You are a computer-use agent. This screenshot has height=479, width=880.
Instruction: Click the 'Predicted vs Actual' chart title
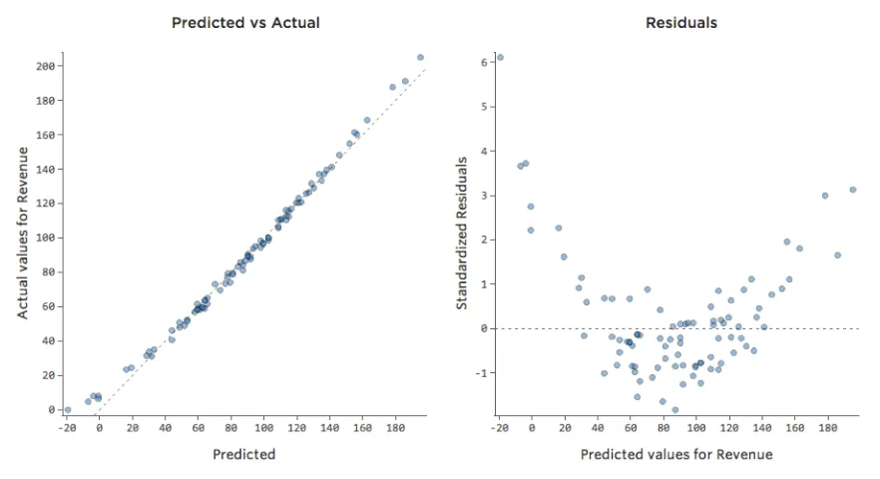[245, 22]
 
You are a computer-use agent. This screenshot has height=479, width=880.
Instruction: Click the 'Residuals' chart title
[681, 22]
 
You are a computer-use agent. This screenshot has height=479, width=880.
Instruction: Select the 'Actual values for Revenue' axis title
[22, 233]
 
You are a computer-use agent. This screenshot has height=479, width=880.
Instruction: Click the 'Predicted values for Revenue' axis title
[676, 454]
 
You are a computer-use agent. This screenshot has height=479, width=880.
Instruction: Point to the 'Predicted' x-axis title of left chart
[244, 454]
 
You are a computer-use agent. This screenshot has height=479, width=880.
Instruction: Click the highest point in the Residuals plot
[500, 58]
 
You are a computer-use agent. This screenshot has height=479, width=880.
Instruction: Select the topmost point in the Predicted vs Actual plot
[420, 58]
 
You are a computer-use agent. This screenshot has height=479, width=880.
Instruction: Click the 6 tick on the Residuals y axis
[482, 62]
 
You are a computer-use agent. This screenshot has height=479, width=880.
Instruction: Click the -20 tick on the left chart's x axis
[67, 427]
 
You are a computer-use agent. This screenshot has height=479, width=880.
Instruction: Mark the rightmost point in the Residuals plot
[853, 190]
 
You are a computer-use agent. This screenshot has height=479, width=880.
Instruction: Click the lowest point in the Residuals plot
[674, 410]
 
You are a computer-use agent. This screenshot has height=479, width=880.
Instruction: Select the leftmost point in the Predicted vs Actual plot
[67, 410]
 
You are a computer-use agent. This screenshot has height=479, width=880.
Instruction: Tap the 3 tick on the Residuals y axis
[482, 196]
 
